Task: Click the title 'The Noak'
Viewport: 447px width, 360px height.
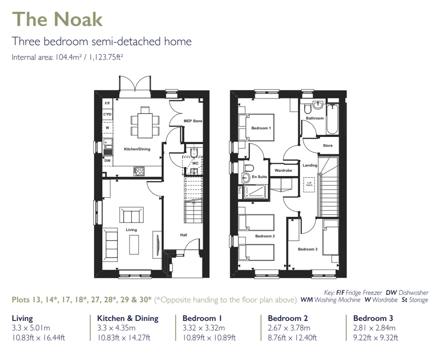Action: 57,19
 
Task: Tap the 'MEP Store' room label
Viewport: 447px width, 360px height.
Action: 193,121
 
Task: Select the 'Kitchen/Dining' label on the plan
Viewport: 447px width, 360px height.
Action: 137,149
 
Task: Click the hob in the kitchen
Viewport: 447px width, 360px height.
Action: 140,171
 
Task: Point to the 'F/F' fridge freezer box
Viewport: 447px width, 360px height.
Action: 107,103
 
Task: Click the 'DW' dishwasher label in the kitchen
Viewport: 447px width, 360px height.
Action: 107,161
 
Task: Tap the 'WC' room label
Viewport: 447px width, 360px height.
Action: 195,163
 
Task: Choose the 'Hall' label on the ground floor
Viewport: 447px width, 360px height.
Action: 184,235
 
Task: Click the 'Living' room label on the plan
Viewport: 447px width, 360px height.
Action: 131,230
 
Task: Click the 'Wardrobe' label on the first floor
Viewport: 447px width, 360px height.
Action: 283,170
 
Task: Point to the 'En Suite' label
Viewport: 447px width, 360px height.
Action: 260,177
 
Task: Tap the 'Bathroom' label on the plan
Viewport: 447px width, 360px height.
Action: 315,118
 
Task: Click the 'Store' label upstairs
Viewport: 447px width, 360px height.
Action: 328,146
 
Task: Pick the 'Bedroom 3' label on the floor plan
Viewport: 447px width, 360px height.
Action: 308,249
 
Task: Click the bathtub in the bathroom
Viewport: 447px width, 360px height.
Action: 331,119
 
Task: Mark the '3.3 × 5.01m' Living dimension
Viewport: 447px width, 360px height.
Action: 31,328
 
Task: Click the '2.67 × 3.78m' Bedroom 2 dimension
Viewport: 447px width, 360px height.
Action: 289,328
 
